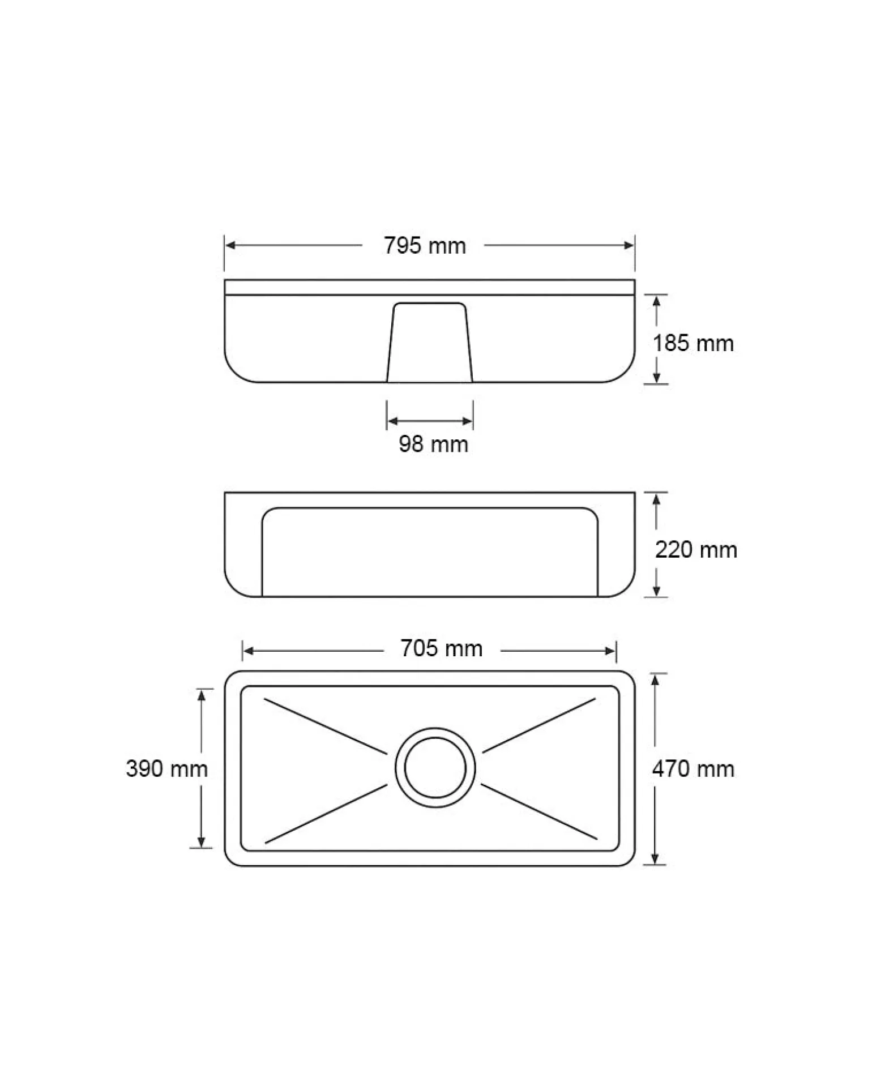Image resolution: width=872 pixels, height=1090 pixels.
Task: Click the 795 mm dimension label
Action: pos(425,246)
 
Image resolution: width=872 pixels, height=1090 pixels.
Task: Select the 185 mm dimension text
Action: pos(693,343)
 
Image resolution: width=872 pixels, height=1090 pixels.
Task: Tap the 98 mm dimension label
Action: pos(434,444)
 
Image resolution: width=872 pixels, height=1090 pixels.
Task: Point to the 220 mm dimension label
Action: pos(696,550)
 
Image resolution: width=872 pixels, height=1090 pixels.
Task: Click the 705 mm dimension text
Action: pos(442,648)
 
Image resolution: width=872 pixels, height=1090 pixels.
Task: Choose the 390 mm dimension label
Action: pos(166,768)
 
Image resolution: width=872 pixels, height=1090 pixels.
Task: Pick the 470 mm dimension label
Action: pos(693,768)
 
